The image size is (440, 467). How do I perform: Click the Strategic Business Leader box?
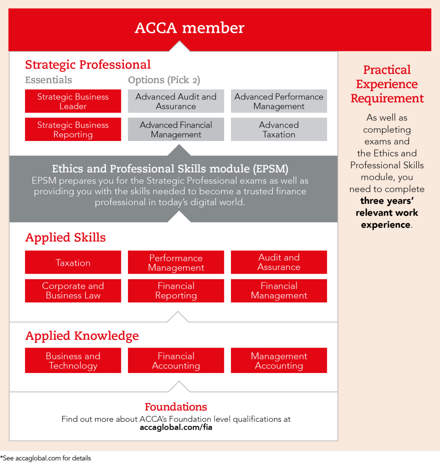[73, 101]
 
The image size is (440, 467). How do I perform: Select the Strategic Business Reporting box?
[73, 129]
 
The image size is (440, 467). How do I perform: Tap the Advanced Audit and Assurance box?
[176, 101]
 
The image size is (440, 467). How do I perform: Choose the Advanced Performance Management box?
[279, 101]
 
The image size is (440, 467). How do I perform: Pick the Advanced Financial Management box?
[176, 129]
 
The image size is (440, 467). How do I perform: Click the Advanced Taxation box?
[279, 129]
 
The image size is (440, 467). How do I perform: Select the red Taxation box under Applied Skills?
[73, 262]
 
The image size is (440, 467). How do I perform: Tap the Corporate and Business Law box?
[73, 291]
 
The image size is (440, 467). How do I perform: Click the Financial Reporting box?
[176, 291]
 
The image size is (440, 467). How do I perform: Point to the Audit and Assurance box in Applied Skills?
[279, 262]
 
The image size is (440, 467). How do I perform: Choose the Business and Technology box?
[73, 360]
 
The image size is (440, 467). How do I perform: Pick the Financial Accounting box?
[176, 360]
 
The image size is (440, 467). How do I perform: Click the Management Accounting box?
[279, 360]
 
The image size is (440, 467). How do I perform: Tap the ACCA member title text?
[189, 28]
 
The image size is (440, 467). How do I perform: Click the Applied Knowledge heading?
[82, 336]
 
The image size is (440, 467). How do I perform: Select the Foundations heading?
[176, 407]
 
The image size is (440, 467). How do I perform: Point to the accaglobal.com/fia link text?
[176, 427]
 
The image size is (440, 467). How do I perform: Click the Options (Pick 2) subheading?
[164, 80]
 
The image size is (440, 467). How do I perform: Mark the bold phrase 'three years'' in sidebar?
[387, 201]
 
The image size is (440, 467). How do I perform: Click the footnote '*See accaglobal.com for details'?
[46, 458]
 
